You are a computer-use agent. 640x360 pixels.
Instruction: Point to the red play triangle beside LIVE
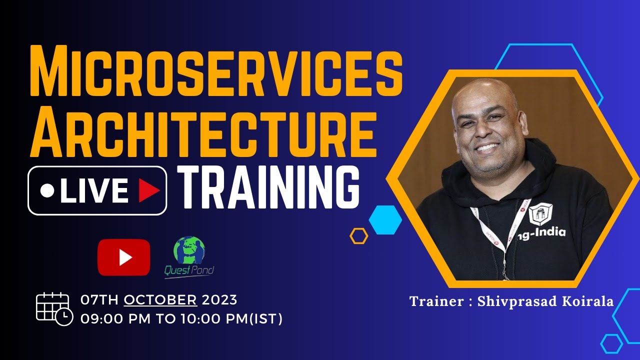(x=148, y=191)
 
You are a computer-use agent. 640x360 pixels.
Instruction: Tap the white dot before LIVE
(x=47, y=191)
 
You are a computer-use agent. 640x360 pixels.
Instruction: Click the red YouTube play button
(x=124, y=257)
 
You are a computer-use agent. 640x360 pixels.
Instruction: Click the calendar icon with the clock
(x=54, y=308)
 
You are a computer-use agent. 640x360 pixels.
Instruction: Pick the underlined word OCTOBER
(x=160, y=300)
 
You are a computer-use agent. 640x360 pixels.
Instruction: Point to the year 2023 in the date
(x=219, y=300)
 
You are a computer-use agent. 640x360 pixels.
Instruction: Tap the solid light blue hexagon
(x=385, y=219)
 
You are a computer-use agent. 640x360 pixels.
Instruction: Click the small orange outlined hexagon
(x=359, y=235)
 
